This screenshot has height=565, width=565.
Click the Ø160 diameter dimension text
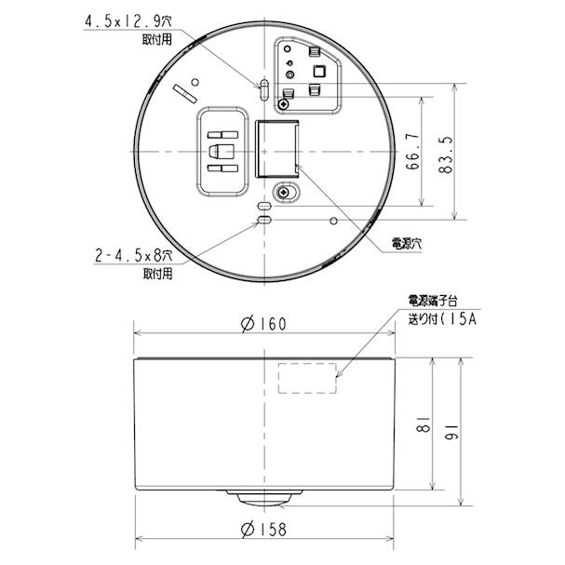(x=262, y=324)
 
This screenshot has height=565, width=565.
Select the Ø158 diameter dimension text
(x=262, y=529)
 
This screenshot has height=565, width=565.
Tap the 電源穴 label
(x=408, y=244)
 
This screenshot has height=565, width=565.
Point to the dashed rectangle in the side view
(x=308, y=378)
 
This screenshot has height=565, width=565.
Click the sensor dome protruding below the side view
(x=264, y=497)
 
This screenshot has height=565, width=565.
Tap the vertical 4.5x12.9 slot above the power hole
(x=264, y=90)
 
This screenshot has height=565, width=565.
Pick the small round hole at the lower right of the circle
(x=333, y=221)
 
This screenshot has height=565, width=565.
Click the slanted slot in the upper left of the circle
(x=184, y=91)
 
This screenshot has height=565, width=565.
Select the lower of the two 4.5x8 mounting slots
(x=264, y=221)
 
